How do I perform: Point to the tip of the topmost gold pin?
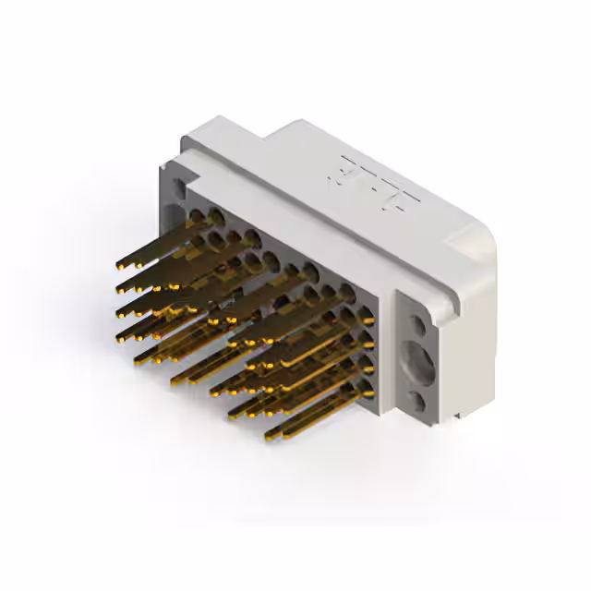pos(120,265)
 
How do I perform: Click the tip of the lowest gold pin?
pos(269,435)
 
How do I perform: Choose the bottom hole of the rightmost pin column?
pos(368,389)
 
